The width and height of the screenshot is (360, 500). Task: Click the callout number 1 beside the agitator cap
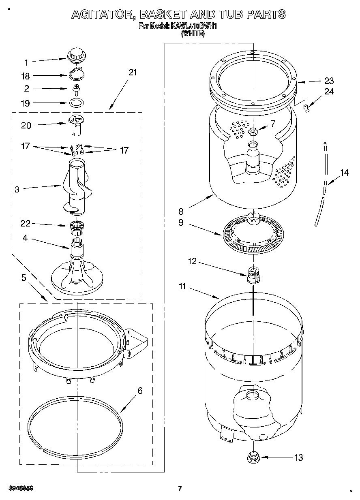click(26, 62)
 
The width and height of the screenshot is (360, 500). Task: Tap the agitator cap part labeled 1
click(75, 54)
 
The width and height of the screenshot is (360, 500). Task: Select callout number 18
click(25, 76)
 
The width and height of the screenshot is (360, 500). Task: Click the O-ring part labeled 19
click(75, 102)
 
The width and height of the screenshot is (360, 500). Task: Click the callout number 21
click(133, 73)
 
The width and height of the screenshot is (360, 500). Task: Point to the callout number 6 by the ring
click(140, 391)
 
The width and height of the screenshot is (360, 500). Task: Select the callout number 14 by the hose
click(344, 173)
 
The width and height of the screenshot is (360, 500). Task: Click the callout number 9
click(181, 222)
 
